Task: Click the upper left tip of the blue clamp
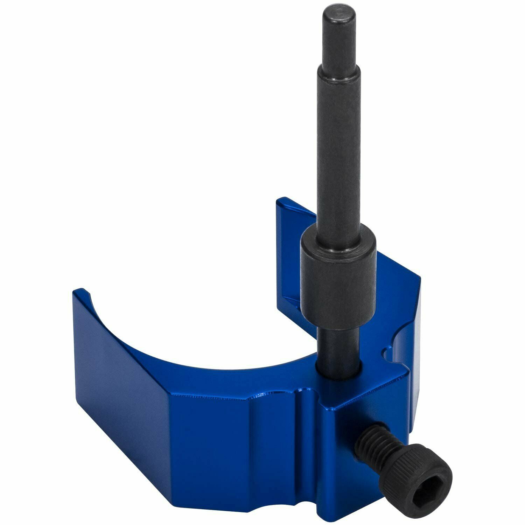[79, 292]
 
